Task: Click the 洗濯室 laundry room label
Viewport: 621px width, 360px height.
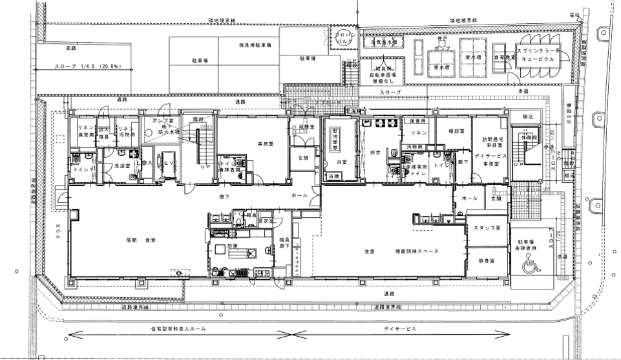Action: click(122, 166)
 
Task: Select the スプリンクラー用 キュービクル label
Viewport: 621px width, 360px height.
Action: click(538, 52)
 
